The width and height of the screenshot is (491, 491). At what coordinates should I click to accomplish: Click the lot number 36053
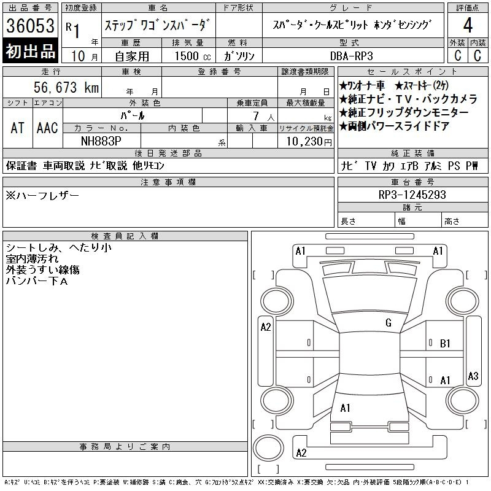coord(30,26)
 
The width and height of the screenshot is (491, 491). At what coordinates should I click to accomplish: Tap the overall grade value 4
coord(468,25)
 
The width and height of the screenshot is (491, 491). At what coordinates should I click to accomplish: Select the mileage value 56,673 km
coord(66,87)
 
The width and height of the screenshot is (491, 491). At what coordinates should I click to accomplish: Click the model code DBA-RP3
coord(351,56)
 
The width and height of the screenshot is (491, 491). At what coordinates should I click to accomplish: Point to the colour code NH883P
coord(101,141)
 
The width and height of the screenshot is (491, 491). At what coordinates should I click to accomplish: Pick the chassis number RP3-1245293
coord(412,195)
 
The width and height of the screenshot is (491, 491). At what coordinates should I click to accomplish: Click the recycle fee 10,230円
coord(309,142)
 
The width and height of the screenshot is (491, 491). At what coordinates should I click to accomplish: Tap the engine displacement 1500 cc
coord(193,56)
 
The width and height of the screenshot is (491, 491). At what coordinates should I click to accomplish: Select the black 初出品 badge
coord(30,51)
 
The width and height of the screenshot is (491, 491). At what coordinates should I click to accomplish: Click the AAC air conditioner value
coord(47,128)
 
